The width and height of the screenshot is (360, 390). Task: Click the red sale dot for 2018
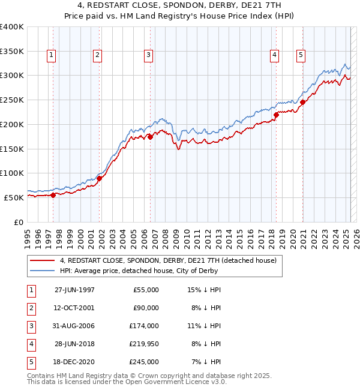tap(276, 115)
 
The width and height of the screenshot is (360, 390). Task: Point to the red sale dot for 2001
tap(100, 178)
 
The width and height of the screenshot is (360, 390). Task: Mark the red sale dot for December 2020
tap(303, 102)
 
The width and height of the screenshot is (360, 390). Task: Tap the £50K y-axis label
tap(14, 197)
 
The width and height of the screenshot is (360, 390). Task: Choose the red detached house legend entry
tap(167, 260)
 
